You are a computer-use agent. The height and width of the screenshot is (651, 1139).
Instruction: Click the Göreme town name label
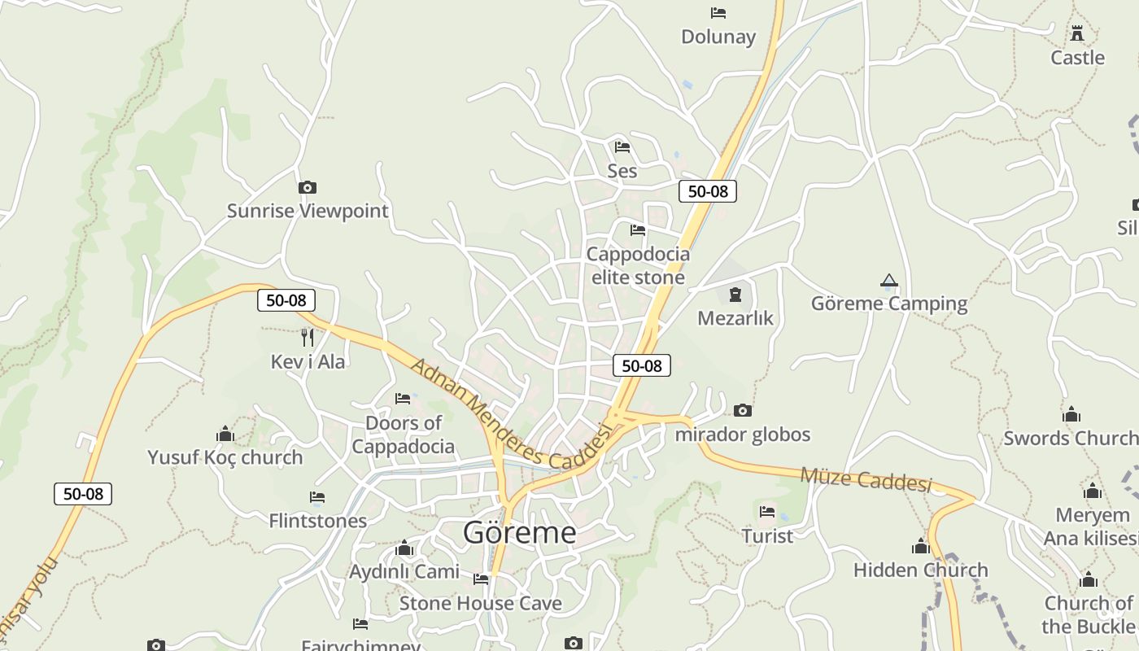click(519, 532)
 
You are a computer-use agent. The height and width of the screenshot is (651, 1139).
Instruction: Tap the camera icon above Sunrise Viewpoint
click(307, 187)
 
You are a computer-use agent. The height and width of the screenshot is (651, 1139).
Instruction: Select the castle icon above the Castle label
click(1077, 33)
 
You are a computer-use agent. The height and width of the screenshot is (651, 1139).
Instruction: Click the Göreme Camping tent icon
click(888, 282)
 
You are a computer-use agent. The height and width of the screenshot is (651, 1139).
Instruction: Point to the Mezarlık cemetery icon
click(735, 294)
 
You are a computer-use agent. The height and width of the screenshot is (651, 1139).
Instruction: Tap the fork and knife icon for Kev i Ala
click(307, 337)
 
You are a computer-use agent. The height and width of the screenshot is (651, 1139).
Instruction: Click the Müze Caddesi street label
click(866, 478)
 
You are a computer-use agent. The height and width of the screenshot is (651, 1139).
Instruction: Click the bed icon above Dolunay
click(718, 13)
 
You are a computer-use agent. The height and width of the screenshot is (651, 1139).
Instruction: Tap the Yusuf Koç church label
click(225, 457)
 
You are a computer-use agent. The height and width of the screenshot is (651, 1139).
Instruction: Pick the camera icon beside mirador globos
click(742, 411)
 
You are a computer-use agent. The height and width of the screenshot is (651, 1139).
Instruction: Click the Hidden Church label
click(920, 570)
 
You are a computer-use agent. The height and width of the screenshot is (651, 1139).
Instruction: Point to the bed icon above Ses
click(622, 147)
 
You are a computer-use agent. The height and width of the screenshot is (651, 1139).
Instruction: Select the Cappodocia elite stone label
click(638, 265)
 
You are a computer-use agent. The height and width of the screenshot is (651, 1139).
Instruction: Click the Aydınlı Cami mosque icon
click(404, 548)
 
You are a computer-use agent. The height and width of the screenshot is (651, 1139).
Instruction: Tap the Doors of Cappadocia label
click(403, 435)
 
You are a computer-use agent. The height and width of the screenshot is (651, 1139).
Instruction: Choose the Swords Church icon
click(1071, 415)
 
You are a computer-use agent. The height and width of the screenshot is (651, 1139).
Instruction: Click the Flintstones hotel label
click(317, 521)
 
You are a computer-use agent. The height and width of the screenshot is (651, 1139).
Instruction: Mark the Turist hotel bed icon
click(767, 512)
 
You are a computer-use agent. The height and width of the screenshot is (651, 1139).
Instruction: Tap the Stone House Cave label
click(480, 603)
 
